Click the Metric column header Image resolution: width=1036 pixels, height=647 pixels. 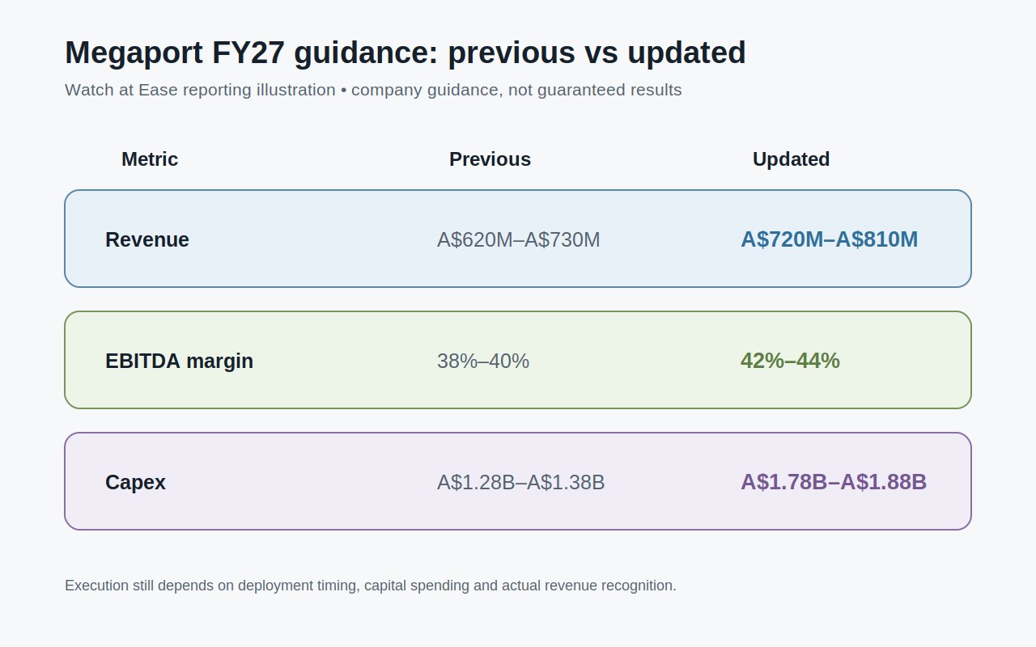click(150, 159)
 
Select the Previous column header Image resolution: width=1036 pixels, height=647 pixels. click(490, 159)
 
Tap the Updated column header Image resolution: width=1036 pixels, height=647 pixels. click(791, 159)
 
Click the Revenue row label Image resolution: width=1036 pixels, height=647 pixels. click(147, 240)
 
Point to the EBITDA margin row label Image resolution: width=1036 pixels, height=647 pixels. click(179, 362)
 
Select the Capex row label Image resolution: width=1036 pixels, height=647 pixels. click(135, 483)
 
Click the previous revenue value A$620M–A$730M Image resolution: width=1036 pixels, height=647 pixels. click(518, 240)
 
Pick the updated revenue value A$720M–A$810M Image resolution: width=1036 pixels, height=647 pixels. click(829, 239)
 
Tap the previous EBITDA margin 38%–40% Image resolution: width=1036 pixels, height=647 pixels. click(483, 362)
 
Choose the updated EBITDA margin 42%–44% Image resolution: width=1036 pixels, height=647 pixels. click(790, 361)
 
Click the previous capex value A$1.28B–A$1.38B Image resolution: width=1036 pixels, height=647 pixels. click(520, 483)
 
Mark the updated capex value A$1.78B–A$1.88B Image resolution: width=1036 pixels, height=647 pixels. click(834, 482)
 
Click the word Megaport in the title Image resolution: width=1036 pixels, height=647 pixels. click(134, 53)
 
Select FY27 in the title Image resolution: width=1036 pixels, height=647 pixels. click(248, 53)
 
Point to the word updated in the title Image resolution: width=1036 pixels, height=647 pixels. click(686, 53)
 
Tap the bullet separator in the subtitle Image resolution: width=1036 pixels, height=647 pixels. click(343, 91)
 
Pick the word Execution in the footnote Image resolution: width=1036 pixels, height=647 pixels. click(96, 586)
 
